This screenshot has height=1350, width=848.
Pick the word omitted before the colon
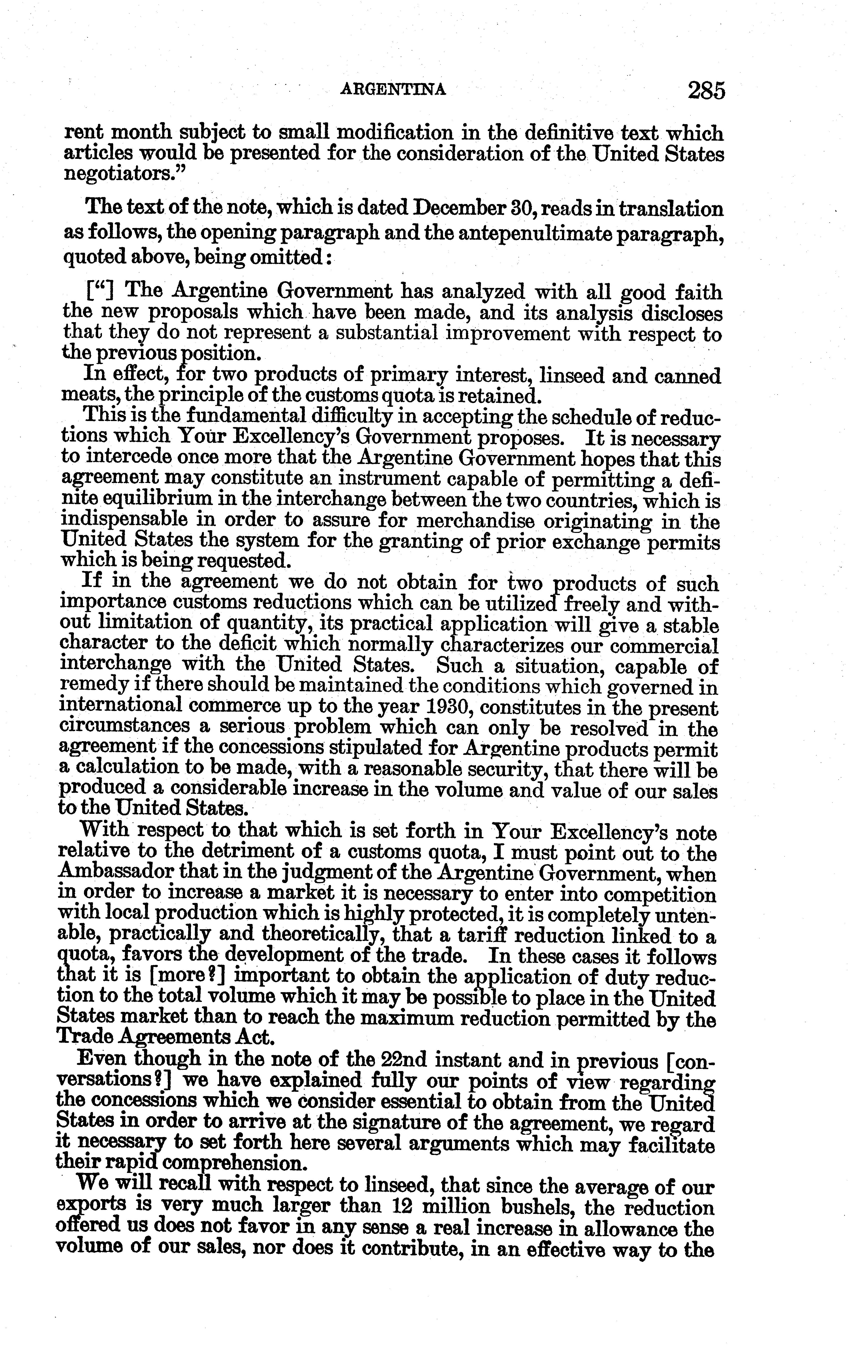coord(287,258)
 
